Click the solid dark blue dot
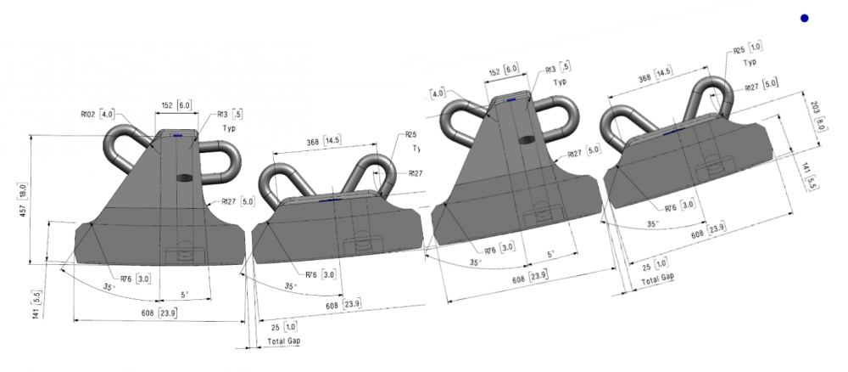point(804,18)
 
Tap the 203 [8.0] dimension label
point(816,115)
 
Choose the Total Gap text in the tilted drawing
point(657,279)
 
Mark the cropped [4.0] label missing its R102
point(438,93)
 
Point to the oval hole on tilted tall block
point(527,138)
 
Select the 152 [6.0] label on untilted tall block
point(175,105)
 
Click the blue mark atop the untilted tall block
point(177,134)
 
